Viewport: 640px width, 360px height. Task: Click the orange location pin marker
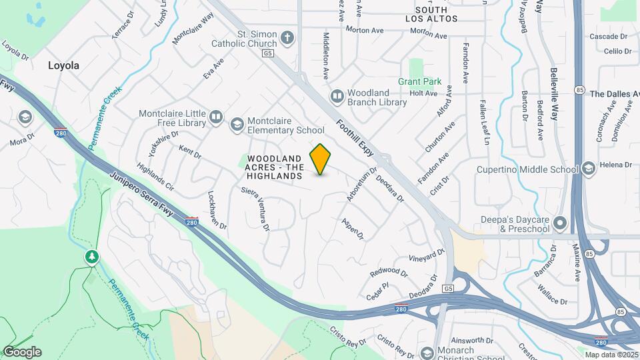tap(321, 159)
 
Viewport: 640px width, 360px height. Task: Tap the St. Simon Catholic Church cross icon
tap(287, 37)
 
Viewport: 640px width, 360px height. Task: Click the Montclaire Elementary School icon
tap(237, 125)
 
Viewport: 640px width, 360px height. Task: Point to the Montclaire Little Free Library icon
tap(215, 118)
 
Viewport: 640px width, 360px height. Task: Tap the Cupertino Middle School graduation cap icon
tap(588, 169)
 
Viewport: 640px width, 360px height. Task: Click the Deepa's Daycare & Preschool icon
tap(560, 223)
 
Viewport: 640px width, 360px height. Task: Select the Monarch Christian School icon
tap(427, 352)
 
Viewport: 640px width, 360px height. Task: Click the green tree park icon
tap(91, 257)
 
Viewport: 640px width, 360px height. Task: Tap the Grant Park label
tap(420, 81)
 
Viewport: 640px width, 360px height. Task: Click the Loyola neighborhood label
tap(63, 65)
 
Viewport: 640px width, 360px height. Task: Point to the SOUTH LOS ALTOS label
tap(436, 14)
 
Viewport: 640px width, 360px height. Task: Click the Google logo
tap(22, 352)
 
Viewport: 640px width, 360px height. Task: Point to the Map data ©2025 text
tap(611, 355)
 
